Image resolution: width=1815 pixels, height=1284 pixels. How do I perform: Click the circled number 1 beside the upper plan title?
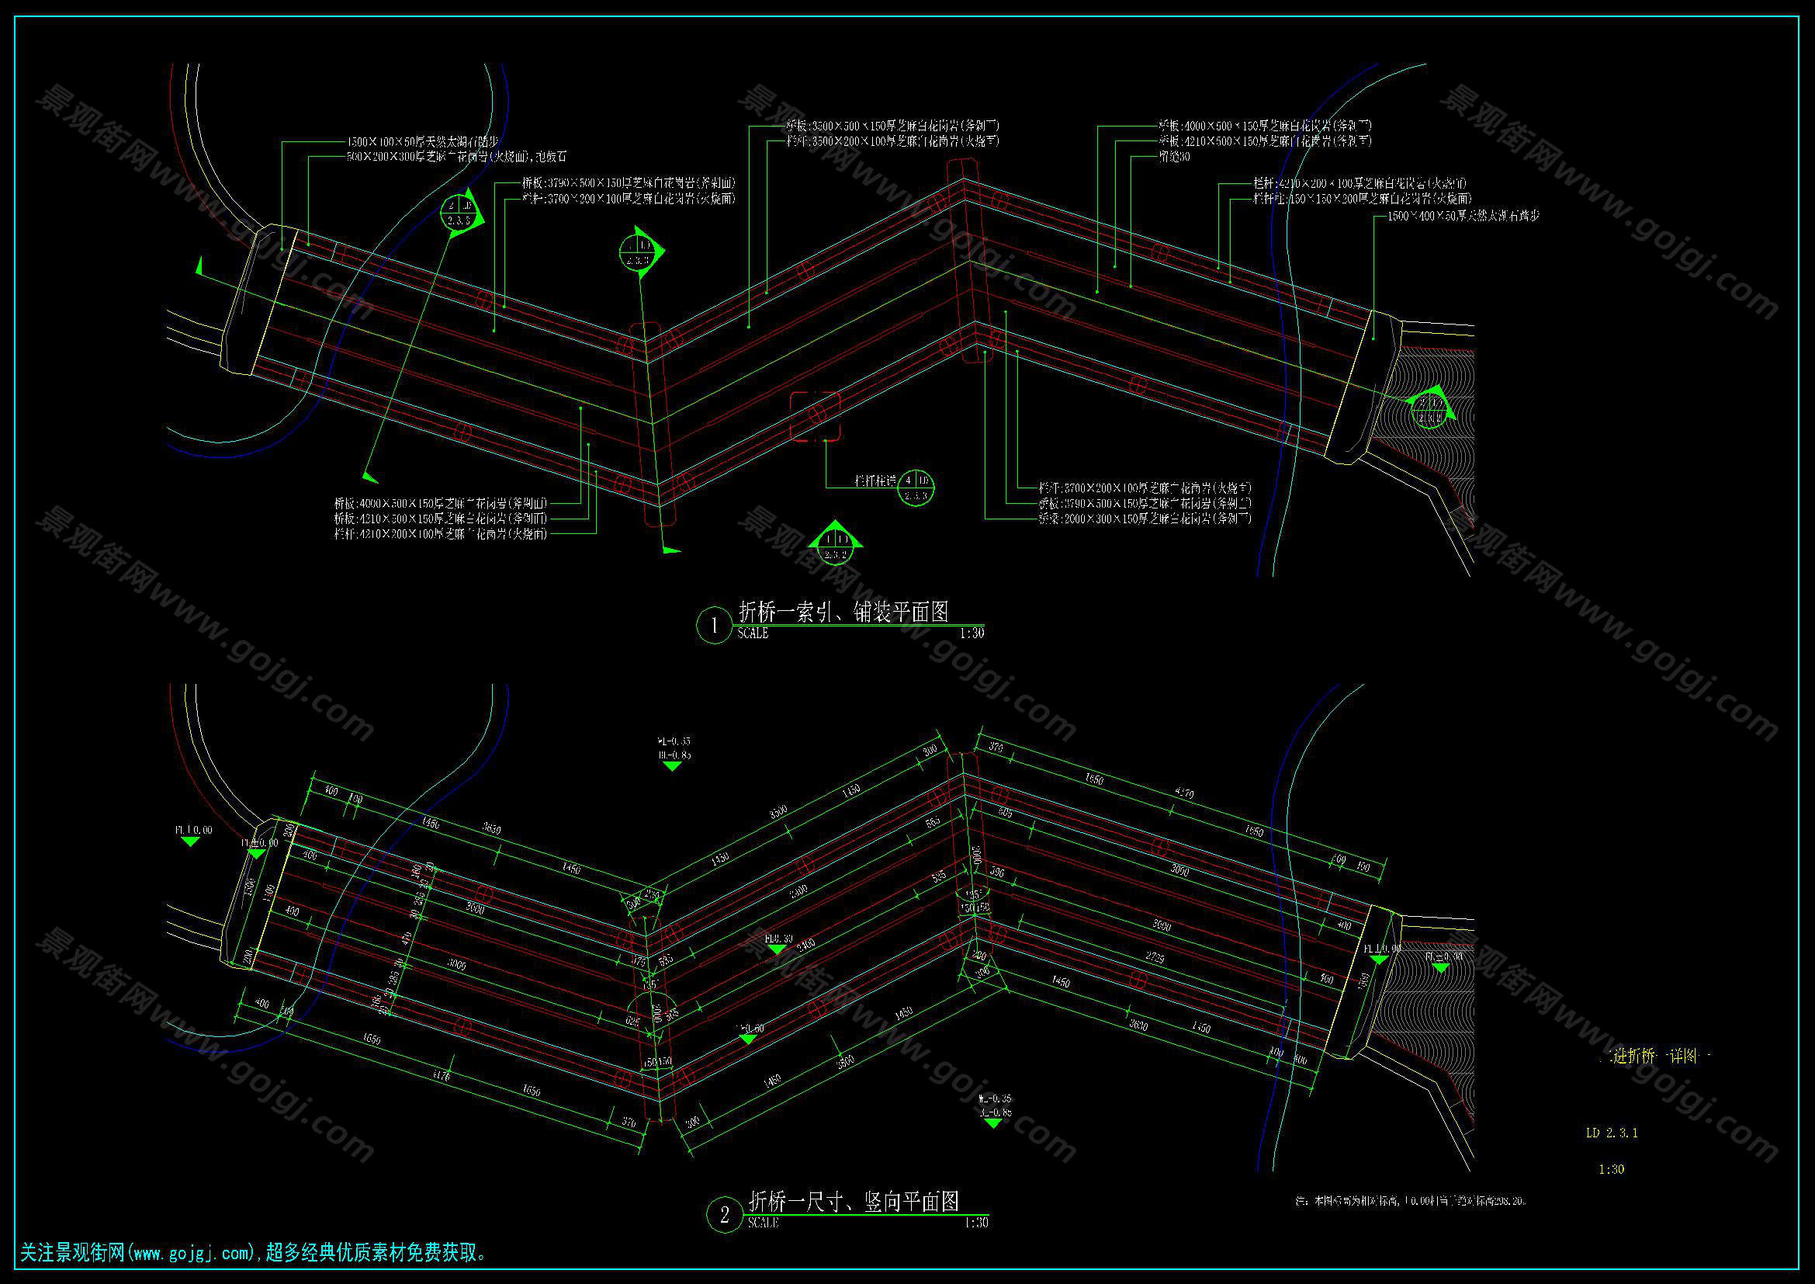714,626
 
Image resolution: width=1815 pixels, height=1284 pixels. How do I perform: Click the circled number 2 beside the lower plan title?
724,1215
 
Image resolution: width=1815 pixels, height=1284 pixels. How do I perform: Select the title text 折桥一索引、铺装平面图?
843,611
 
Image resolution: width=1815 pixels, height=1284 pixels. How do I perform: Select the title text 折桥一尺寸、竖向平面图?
853,1202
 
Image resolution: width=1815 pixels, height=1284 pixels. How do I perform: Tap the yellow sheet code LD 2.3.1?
1611,1132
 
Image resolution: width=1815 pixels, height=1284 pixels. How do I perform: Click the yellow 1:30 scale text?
1611,1168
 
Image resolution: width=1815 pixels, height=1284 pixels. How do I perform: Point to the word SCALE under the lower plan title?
763,1223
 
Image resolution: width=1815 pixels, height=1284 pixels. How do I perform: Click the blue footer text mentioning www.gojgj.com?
253,1253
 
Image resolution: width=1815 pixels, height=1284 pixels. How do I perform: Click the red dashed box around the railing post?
815,416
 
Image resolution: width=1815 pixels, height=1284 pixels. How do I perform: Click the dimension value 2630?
1138,1025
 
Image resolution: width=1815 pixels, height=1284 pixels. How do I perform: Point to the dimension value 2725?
1155,957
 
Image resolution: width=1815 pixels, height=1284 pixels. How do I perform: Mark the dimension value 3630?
491,828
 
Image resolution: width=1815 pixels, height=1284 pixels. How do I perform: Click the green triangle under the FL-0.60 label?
748,1039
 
